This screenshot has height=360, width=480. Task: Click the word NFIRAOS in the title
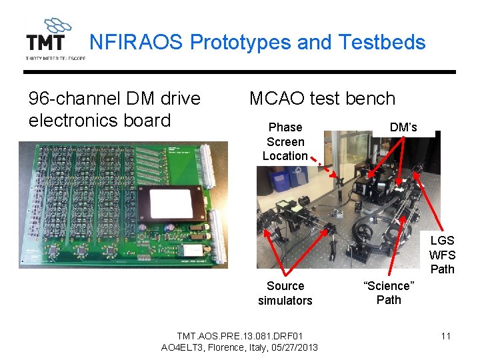(x=137, y=43)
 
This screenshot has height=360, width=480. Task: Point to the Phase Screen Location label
(x=285, y=141)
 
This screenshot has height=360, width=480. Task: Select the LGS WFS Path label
(x=442, y=255)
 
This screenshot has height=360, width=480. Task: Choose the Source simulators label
(x=285, y=293)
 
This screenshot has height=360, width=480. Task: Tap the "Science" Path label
(x=389, y=293)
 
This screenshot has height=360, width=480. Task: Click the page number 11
(x=446, y=335)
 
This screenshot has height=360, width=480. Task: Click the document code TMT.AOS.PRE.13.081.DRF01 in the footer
(x=239, y=335)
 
